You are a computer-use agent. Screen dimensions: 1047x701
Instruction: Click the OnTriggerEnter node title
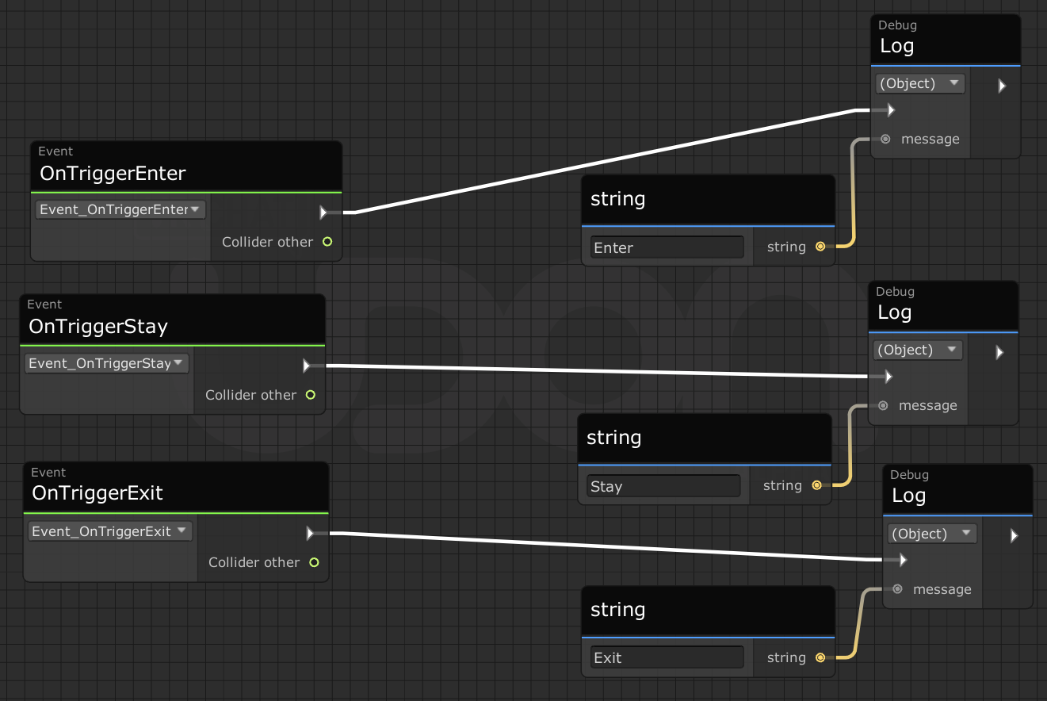coord(113,174)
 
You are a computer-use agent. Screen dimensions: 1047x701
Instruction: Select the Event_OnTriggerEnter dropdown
coord(120,209)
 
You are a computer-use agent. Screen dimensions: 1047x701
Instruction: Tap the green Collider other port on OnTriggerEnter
coord(327,242)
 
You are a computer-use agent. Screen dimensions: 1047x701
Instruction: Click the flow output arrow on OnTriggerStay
coord(307,366)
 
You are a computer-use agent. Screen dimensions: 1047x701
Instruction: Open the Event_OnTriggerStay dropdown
coord(106,363)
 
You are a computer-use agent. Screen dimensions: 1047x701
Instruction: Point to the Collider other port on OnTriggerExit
coord(314,562)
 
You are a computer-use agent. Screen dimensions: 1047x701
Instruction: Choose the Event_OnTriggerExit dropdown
coord(109,531)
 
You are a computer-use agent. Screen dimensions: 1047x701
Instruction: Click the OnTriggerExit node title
coord(97,493)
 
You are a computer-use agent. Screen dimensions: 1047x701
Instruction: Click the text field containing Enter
coord(667,247)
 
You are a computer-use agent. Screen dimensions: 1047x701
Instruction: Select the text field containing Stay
coord(663,486)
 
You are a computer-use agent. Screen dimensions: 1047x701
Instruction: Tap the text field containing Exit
coord(667,657)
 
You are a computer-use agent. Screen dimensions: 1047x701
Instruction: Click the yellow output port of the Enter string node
coord(820,247)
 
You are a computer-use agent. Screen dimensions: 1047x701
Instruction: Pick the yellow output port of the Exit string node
coord(820,657)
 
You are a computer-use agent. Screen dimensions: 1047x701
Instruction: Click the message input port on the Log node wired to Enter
coord(885,139)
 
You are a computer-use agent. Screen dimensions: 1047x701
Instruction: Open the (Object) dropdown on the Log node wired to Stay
coord(918,350)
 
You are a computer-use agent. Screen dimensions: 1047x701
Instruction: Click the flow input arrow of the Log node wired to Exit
coord(903,560)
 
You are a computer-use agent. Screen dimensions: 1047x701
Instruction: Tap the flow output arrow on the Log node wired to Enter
coord(1002,86)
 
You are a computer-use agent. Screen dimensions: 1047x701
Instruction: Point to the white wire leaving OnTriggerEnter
coord(606,161)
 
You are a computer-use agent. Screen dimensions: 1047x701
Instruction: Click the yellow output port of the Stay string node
coord(816,485)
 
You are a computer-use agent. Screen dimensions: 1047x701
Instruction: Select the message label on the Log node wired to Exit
coord(942,589)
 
